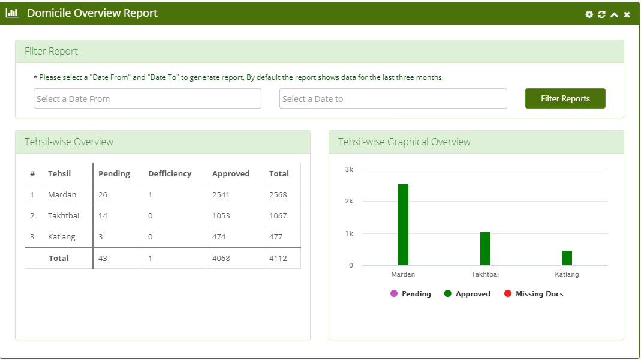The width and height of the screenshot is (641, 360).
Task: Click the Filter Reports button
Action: coord(565,98)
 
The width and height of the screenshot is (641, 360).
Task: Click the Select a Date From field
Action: coord(147,98)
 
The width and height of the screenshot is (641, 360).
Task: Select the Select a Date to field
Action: coord(393,98)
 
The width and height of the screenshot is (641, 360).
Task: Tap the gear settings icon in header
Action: coord(589,14)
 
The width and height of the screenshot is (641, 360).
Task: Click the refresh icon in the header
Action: coord(601,14)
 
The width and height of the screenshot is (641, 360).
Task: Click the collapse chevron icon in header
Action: coord(614,15)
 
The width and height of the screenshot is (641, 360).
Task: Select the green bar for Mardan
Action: coord(403,224)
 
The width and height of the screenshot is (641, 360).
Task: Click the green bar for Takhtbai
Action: coord(485,249)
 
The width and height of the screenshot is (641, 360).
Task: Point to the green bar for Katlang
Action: coord(567,258)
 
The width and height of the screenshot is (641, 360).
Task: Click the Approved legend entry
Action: coord(467,294)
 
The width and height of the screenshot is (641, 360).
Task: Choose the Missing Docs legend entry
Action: coord(534,294)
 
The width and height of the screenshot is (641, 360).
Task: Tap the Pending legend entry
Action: coord(410,294)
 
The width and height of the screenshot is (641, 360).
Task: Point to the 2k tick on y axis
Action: coord(349,201)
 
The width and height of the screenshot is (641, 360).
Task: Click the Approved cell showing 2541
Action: coord(221,195)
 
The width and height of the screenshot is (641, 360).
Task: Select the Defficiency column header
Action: coord(170,173)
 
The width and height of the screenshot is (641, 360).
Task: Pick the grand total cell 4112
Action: coord(278,258)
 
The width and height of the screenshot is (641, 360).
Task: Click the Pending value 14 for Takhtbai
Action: coord(103,215)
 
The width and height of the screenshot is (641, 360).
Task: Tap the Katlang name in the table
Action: coord(62,236)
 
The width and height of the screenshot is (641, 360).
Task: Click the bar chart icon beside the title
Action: coord(12,13)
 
